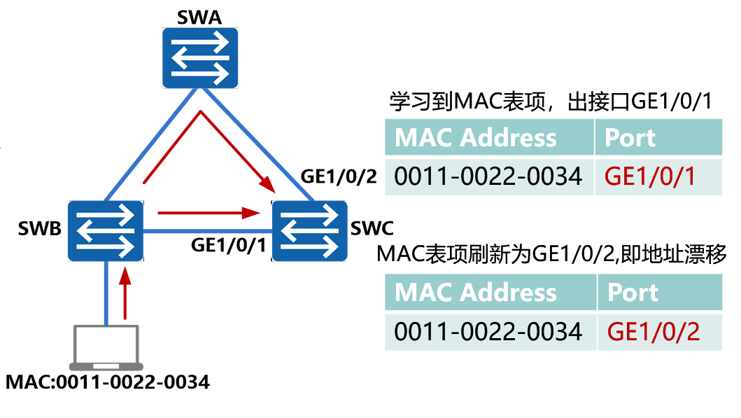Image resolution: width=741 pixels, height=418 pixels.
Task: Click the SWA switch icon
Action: [x=199, y=57]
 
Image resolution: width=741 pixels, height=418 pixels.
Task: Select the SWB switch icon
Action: [x=106, y=230]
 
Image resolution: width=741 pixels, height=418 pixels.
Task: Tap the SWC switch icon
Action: [x=309, y=230]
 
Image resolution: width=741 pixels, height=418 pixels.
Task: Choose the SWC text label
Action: [x=372, y=229]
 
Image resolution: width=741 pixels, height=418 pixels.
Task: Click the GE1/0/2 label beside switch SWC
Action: [x=338, y=175]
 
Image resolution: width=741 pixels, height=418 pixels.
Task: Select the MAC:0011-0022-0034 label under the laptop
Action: [x=107, y=383]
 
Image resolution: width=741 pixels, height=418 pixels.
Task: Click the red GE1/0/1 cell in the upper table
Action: [x=650, y=176]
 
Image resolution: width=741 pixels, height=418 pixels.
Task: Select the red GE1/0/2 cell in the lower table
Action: [x=653, y=330]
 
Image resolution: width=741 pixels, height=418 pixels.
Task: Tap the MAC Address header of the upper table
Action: [x=476, y=138]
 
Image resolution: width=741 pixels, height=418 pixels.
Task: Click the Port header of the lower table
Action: [x=633, y=293]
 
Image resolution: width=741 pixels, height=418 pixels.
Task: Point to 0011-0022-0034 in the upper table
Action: [x=488, y=176]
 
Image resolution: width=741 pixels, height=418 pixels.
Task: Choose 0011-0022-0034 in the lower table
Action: [x=488, y=330]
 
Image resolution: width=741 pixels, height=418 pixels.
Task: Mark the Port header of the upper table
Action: [x=630, y=138]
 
